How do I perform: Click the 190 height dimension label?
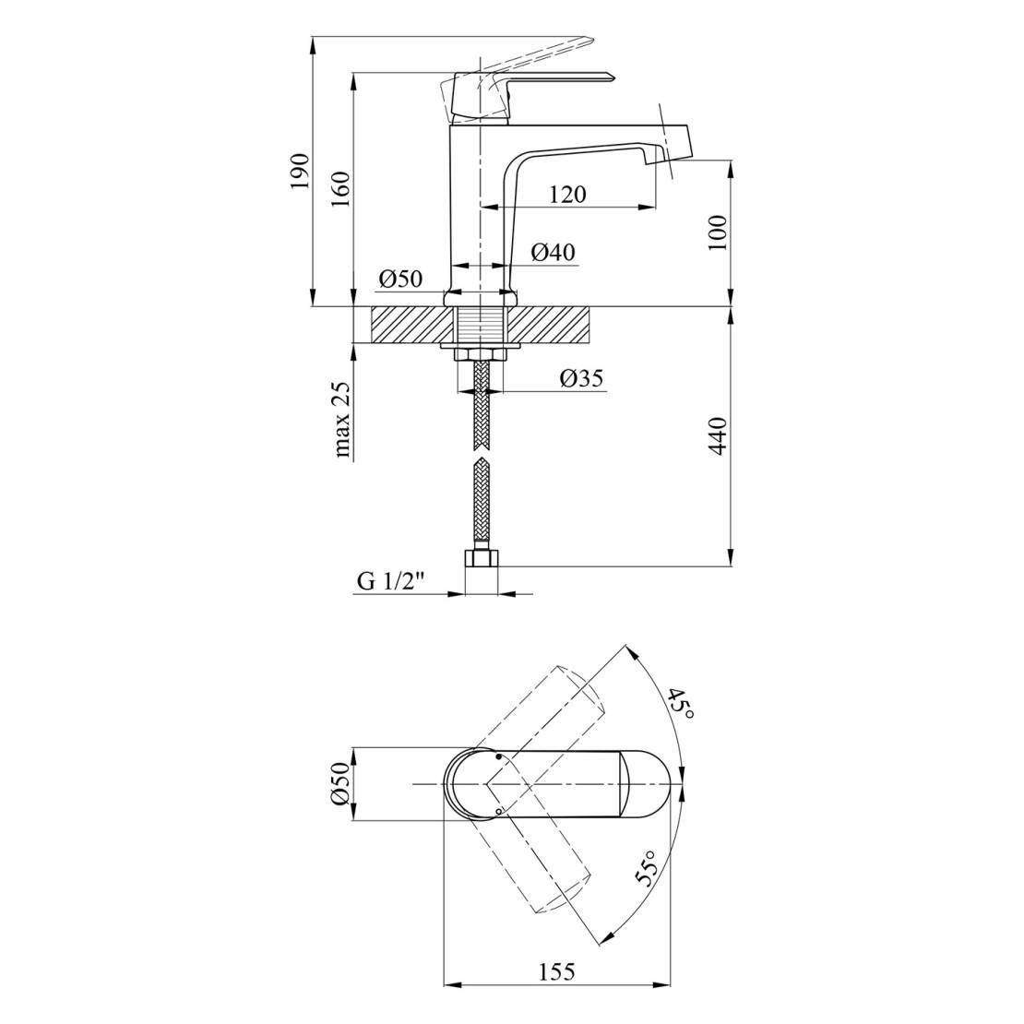pos(301,172)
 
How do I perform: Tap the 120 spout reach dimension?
pos(567,194)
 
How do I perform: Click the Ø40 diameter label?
pos(554,252)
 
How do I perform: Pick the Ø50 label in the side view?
pos(400,279)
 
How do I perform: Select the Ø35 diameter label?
pos(581,378)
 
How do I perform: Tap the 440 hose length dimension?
pos(717,435)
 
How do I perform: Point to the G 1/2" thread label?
pos(391,582)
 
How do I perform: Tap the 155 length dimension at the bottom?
pos(557,971)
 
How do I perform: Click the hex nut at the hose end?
pos(481,559)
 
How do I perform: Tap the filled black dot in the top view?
pos(498,756)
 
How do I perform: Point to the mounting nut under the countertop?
pos(481,354)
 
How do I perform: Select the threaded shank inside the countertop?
pos(481,326)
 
